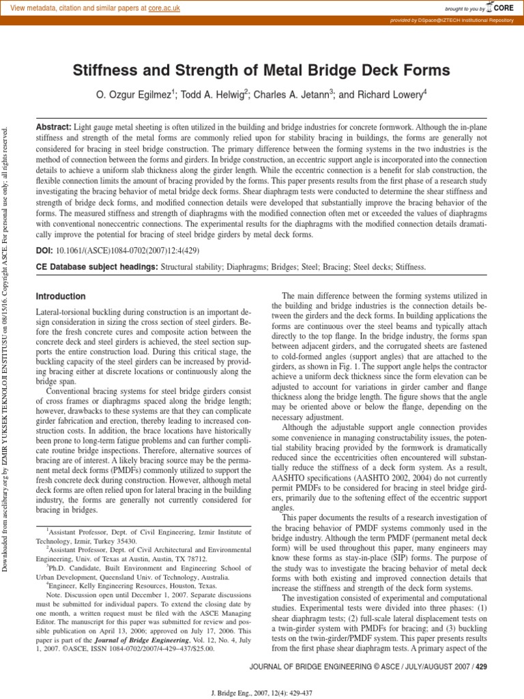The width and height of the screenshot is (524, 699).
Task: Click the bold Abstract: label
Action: [53, 128]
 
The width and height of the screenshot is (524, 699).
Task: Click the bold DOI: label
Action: [44, 251]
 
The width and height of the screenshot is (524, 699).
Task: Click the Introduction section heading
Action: [60, 296]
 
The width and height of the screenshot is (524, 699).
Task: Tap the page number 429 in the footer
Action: [481, 666]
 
